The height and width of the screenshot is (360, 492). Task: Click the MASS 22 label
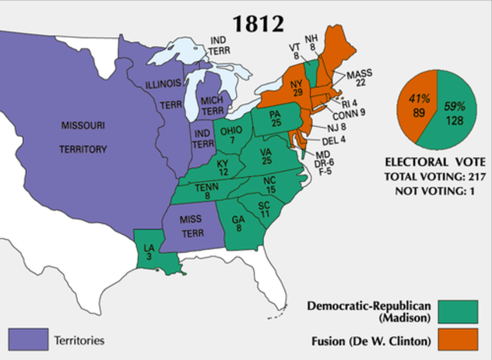tap(359, 78)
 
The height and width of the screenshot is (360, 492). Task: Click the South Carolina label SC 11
tap(263, 210)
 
